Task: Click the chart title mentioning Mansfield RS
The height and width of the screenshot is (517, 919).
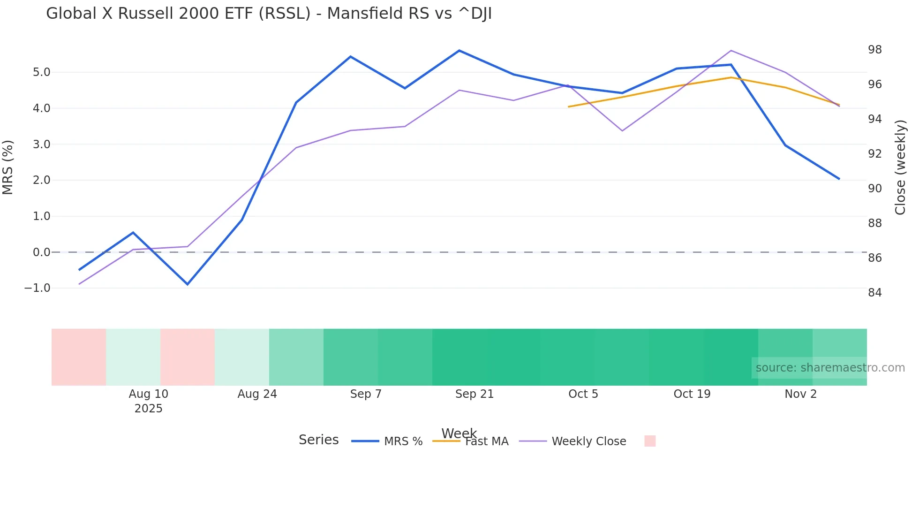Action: coord(269,14)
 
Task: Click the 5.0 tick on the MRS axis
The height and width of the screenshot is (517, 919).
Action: coord(41,72)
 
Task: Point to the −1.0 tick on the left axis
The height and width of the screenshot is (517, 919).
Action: coord(38,288)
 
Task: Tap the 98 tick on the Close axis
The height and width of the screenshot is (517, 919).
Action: coord(874,50)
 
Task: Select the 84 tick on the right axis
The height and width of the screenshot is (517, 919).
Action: coord(874,293)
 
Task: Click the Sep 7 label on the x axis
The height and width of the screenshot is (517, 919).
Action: coord(366,394)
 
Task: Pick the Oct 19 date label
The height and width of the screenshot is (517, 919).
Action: coord(692,394)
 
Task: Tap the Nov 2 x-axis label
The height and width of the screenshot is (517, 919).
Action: coord(800,394)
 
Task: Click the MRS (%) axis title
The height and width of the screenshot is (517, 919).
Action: coord(8,167)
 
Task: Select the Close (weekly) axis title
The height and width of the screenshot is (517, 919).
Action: coord(900,167)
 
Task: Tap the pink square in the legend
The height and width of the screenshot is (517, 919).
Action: coord(649,441)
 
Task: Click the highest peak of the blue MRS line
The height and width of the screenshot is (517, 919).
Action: coord(459,51)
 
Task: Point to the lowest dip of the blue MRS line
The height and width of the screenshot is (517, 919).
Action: coord(188,284)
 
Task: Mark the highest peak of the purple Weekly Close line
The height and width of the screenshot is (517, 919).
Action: coord(731,51)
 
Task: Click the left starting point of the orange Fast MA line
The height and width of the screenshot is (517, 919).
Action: coord(569,107)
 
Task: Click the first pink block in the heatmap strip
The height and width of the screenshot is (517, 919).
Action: coord(79,357)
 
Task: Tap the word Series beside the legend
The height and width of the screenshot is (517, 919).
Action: coord(318,440)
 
